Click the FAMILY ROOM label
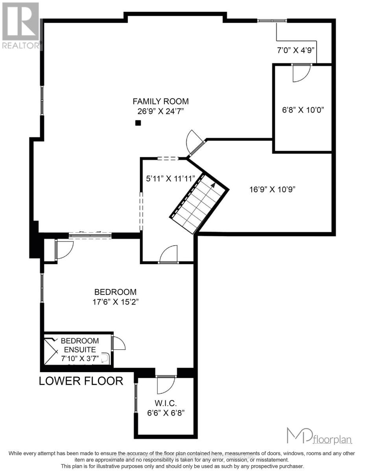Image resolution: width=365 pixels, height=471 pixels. click(x=160, y=101)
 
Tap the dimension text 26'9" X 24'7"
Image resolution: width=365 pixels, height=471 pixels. click(x=160, y=111)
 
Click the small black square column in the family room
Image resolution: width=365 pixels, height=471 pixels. click(x=138, y=123)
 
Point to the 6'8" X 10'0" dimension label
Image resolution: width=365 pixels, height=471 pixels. click(x=303, y=110)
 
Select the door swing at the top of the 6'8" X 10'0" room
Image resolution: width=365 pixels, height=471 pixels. click(x=302, y=73)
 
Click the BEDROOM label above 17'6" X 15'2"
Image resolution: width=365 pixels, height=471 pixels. click(x=115, y=292)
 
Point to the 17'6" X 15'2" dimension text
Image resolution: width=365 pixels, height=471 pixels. click(x=115, y=302)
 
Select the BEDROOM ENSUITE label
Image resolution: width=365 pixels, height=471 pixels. click(x=79, y=345)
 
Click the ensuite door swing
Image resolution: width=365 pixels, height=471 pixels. click(x=118, y=343)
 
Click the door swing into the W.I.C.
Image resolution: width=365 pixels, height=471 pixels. click(x=165, y=385)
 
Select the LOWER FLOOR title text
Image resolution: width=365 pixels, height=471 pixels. click(x=81, y=381)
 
